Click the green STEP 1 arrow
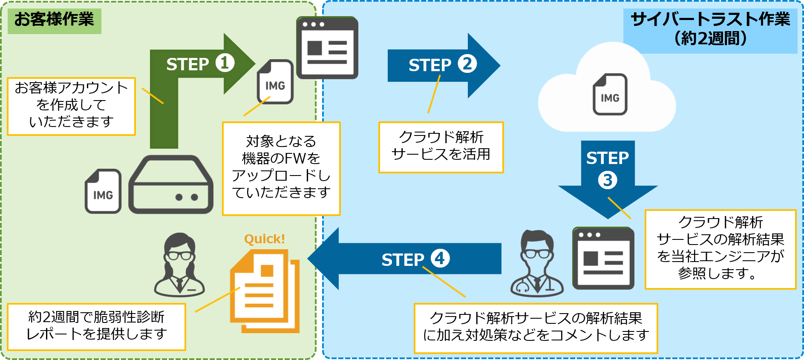click(x=200, y=64)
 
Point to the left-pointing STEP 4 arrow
click(x=405, y=259)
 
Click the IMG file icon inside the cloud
click(x=610, y=94)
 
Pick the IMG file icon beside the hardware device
click(x=103, y=191)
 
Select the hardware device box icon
click(x=171, y=185)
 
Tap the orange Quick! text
click(x=264, y=239)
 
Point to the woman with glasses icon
click(x=179, y=265)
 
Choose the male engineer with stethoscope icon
click(x=537, y=264)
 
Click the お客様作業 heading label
click(x=54, y=20)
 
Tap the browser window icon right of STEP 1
click(x=327, y=48)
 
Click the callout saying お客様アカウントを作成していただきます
click(x=71, y=106)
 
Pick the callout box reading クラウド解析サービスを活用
click(x=441, y=147)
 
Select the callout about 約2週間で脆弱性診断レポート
click(x=96, y=326)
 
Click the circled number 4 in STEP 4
click(x=440, y=258)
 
